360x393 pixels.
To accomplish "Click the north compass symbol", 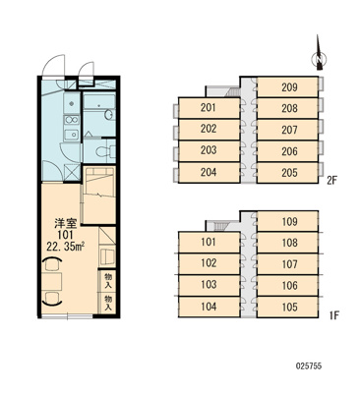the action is tap(318, 53).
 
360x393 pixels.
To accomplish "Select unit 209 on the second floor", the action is tap(287, 86).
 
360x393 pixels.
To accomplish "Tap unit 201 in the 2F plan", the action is tap(210, 108).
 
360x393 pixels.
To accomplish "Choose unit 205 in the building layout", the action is tap(287, 173).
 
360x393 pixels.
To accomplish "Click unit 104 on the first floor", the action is tap(210, 307).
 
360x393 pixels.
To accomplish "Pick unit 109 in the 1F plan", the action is tap(287, 221).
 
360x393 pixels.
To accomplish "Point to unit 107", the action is tap(287, 264).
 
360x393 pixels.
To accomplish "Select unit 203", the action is tap(210, 150).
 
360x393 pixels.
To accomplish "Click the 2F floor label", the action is tap(331, 180).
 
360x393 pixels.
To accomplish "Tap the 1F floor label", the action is tap(333, 315).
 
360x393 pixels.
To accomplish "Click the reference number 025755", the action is tap(309, 365).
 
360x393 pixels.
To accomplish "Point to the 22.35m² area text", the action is tap(66, 246).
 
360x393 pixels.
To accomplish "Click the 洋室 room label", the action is tap(66, 224).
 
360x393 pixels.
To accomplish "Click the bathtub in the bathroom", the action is tap(98, 102).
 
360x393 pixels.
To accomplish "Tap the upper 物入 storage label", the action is tap(108, 281).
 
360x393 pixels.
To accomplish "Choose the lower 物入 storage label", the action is tap(108, 303).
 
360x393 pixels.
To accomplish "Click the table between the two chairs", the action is tap(52, 281).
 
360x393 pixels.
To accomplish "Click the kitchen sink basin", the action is tap(72, 135).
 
